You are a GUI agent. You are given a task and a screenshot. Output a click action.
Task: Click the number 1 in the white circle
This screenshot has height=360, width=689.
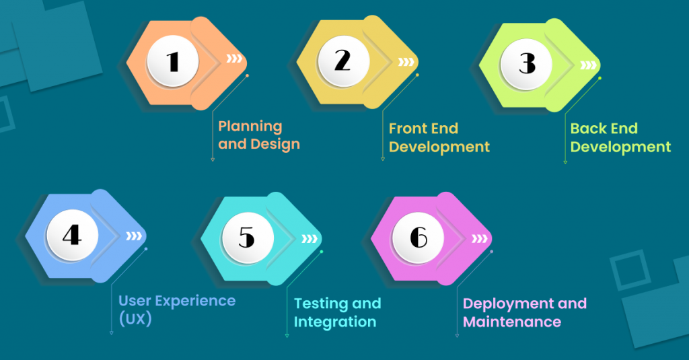[174, 62]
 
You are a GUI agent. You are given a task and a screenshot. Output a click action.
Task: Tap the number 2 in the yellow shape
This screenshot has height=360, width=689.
[342, 62]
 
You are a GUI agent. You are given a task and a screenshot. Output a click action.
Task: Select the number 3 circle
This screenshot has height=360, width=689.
[526, 63]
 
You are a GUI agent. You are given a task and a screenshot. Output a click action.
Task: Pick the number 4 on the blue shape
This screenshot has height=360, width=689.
[72, 236]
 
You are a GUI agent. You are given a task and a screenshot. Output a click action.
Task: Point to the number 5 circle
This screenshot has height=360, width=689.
[247, 238]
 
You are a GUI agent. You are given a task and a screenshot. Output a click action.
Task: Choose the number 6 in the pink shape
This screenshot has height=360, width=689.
[419, 238]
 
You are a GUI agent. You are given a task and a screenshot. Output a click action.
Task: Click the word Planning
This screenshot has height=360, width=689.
[250, 127]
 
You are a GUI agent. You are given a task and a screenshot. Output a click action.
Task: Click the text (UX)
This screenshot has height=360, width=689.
[135, 319]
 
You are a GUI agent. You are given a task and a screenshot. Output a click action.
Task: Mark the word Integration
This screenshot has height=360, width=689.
[335, 322]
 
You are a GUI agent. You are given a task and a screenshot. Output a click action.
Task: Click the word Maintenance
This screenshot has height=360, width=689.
[512, 322]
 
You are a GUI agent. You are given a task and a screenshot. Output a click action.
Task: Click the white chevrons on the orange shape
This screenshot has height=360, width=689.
[234, 59]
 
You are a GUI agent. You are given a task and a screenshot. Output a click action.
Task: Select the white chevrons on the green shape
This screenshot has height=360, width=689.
[588, 65]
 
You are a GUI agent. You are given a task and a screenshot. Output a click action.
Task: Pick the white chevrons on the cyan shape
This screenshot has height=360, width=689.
[309, 239]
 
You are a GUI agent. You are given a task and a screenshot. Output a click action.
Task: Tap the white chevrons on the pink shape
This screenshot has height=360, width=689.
[480, 239]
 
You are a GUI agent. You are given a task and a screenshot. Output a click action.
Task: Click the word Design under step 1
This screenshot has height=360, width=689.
[275, 144]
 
